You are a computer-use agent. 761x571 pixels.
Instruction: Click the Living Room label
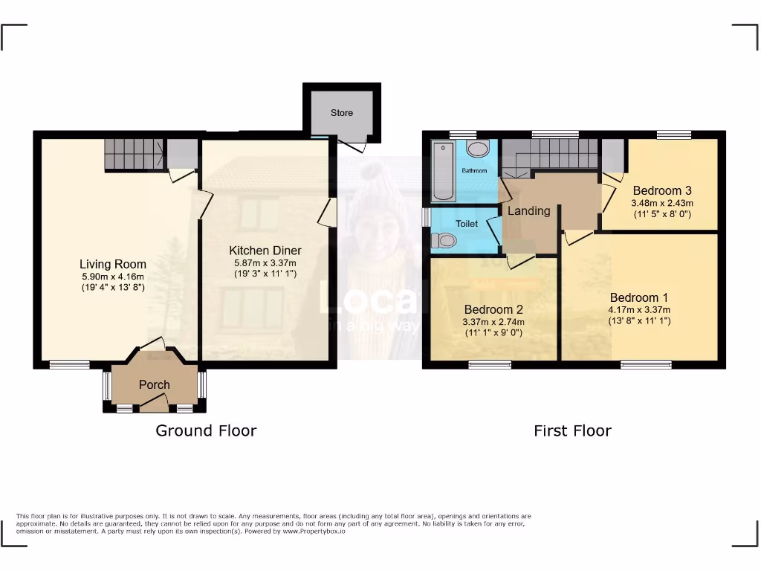point(113,264)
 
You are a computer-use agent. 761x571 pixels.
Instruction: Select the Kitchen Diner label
point(265,251)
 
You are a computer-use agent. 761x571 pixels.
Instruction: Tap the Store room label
point(342,113)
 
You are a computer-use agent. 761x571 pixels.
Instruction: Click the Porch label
point(155,384)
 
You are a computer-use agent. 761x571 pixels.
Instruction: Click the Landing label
point(528,210)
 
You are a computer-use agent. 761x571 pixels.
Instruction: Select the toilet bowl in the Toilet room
point(444,240)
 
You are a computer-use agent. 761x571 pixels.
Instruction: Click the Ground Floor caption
point(206,430)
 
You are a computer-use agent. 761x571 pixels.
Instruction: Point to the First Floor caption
point(572,430)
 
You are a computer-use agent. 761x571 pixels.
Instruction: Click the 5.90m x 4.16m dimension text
point(113,277)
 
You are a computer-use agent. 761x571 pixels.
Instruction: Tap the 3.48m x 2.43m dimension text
point(661,203)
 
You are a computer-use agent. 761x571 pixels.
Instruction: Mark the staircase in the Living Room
point(133,154)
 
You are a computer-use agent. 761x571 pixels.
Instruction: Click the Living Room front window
point(70,364)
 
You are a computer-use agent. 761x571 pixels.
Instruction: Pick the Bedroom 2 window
point(490,364)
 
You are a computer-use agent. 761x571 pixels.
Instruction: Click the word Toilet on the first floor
point(467,223)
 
